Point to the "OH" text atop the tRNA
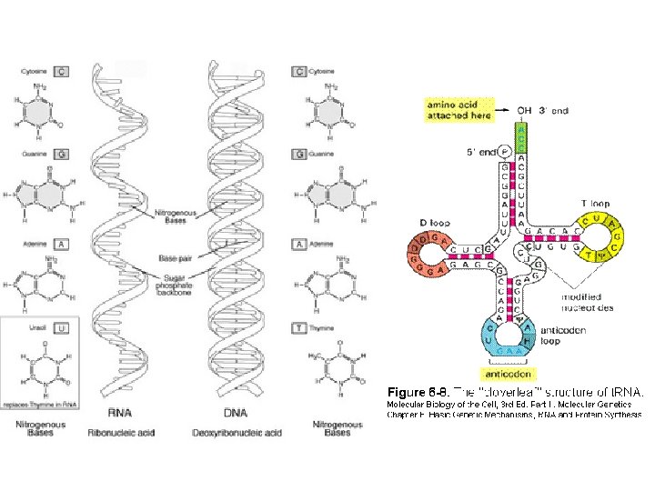(525, 111)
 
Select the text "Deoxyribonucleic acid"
(235, 433)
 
